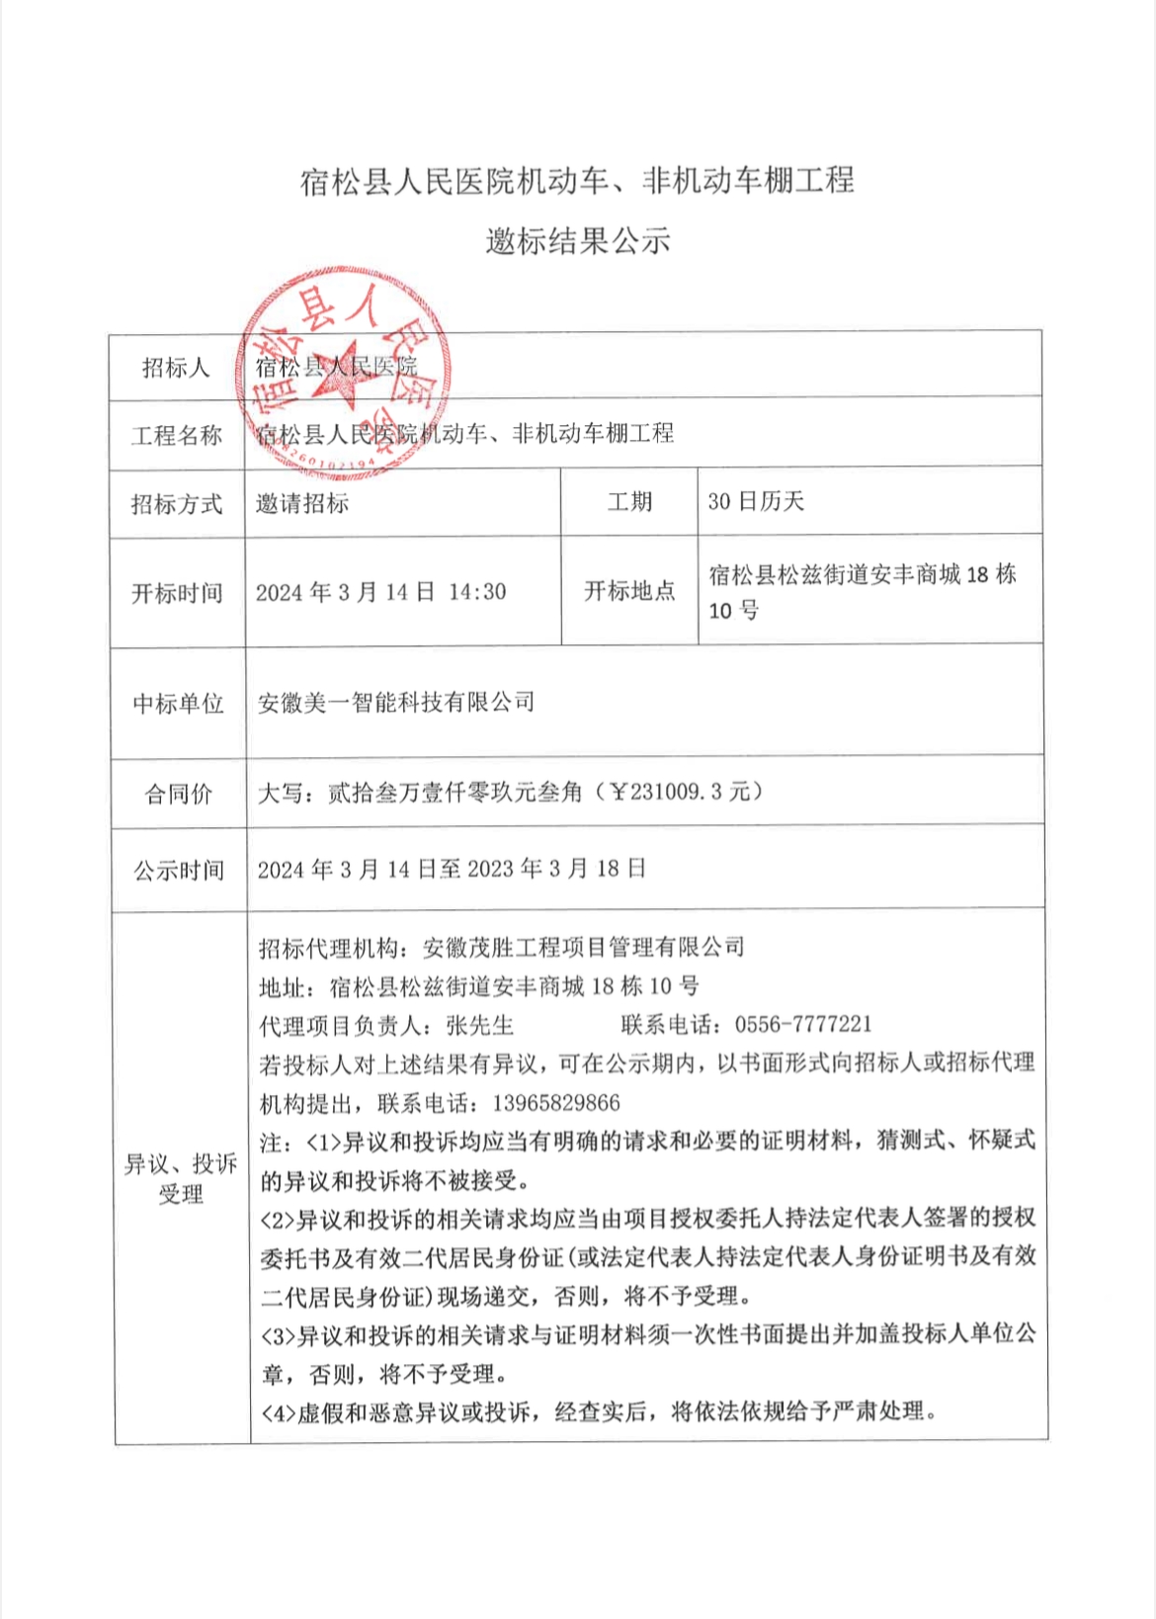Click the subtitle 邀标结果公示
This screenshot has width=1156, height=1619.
577,241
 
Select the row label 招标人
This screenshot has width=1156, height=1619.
176,368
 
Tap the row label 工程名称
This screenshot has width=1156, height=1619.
176,435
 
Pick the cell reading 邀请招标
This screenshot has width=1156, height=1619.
302,503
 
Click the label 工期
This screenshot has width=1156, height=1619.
629,502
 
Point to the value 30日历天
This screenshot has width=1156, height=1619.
757,502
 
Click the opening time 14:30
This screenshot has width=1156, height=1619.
477,592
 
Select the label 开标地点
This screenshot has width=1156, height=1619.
629,591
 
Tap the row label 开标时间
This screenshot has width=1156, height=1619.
177,593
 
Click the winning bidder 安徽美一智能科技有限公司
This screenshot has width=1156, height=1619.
396,703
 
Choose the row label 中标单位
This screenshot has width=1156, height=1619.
178,704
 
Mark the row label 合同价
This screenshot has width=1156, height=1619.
178,794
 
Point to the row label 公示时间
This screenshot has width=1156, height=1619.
179,871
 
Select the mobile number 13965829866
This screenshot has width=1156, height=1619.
555,1102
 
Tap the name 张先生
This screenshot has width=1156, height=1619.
480,1025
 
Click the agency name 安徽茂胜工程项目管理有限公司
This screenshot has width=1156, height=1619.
583,947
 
